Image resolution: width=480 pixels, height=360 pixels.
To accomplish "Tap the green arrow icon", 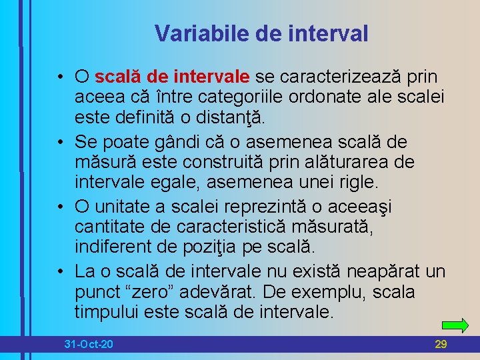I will pyautogui.click(x=455, y=326).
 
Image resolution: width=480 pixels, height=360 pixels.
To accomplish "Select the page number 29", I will pyautogui.click(x=441, y=344).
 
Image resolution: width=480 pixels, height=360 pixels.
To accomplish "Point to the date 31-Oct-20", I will pyautogui.click(x=88, y=344).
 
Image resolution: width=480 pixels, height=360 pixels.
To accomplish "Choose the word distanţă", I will pyautogui.click(x=227, y=119).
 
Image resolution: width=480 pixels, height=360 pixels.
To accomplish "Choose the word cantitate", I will pyautogui.click(x=109, y=227).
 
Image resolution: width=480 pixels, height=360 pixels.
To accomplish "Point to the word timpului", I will pyautogui.click(x=112, y=313).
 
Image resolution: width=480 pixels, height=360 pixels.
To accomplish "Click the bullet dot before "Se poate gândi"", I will pyautogui.click(x=60, y=142).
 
